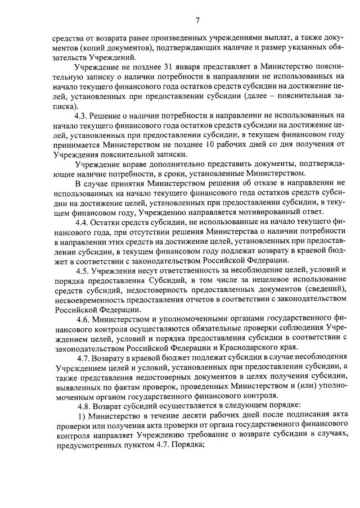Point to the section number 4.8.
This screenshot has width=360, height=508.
click(83, 405)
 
